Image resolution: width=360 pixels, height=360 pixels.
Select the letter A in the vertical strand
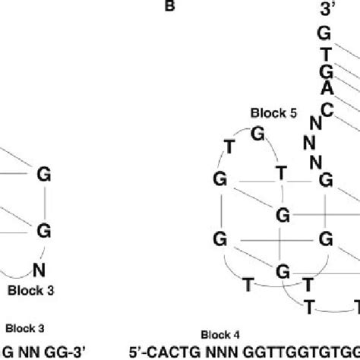pos(326,88)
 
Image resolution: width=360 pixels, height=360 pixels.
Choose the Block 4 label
pos(219,334)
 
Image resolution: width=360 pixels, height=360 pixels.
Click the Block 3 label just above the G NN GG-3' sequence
pos(24,328)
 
